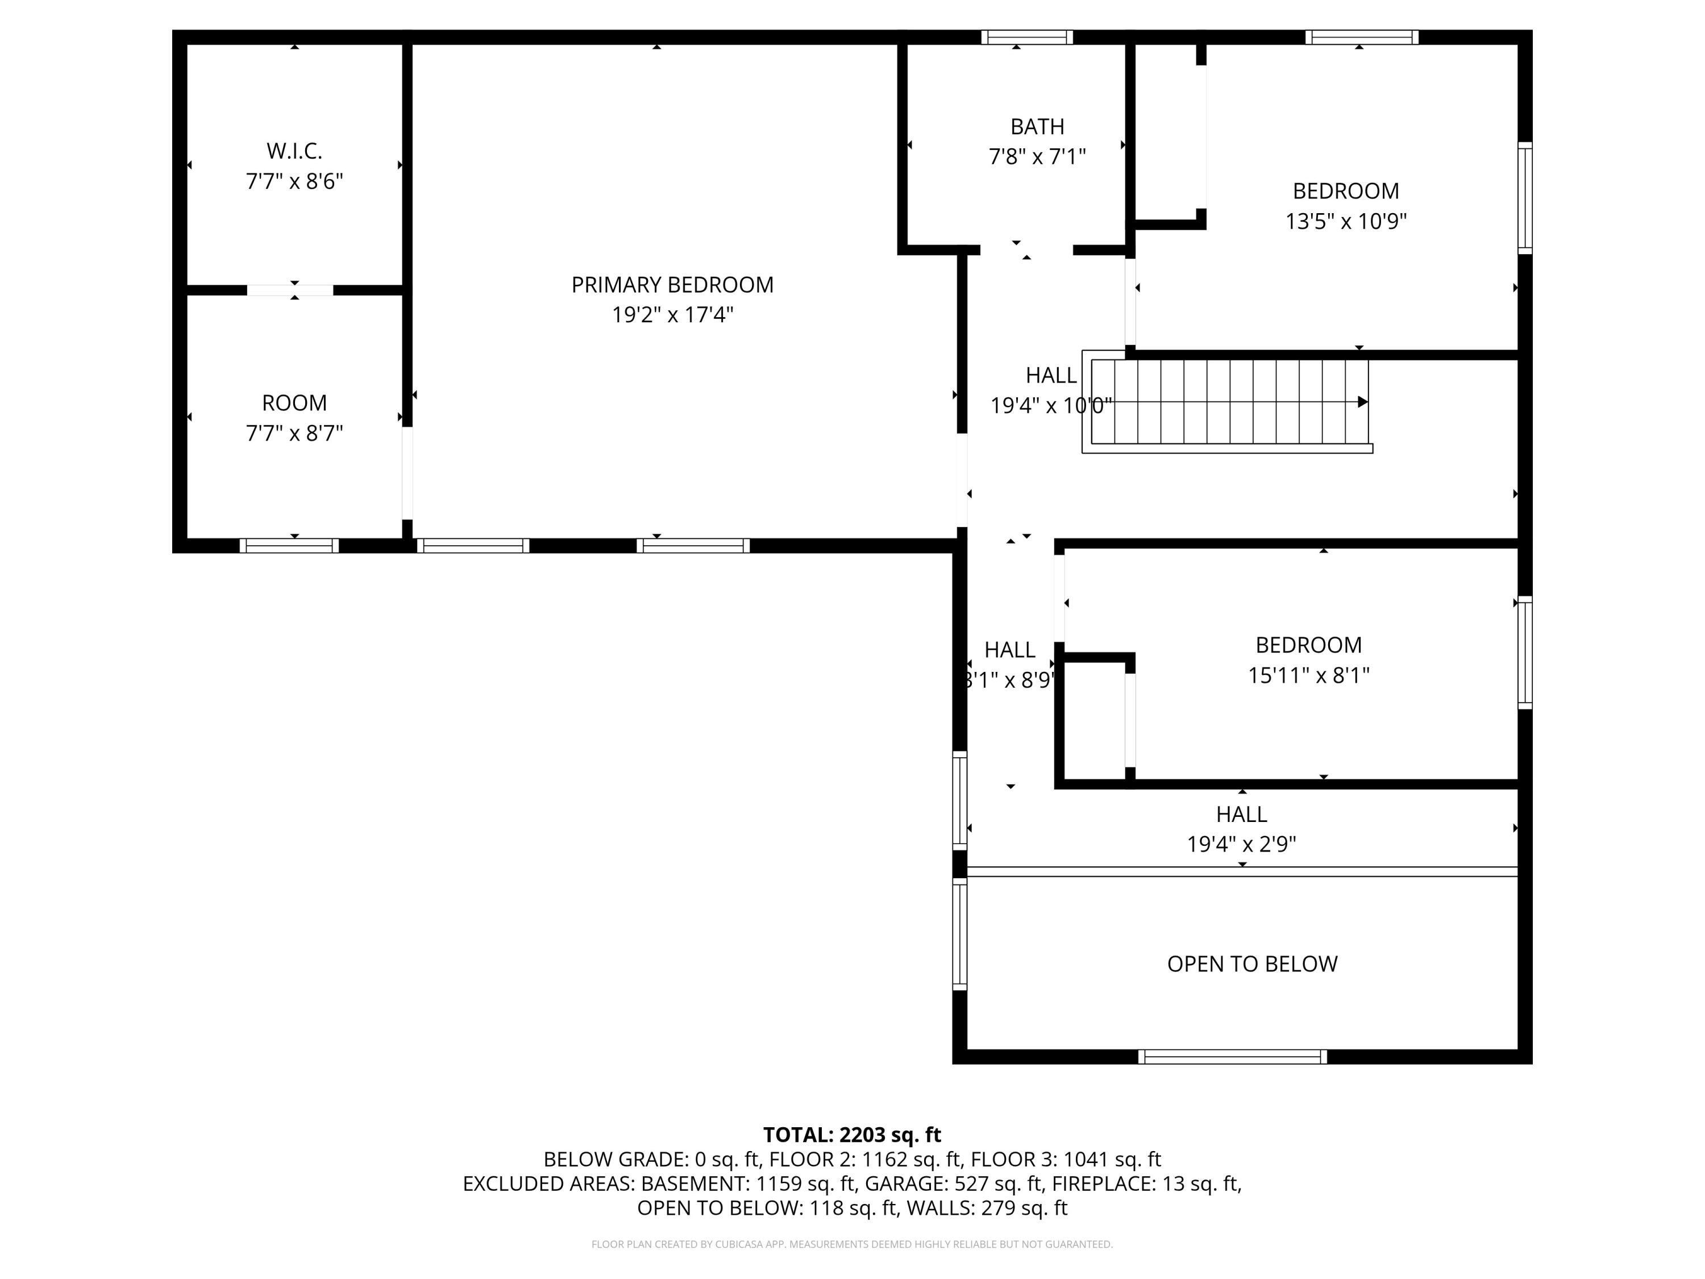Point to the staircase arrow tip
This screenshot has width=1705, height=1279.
(x=1362, y=402)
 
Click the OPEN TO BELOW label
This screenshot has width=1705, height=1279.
(x=1252, y=964)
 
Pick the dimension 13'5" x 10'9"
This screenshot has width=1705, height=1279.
(x=1345, y=221)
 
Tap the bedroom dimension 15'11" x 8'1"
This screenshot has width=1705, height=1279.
(x=1308, y=675)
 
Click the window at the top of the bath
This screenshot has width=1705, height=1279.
(x=1027, y=37)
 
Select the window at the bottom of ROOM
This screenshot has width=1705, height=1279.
(x=289, y=546)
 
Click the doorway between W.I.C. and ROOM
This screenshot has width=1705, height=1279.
(x=290, y=290)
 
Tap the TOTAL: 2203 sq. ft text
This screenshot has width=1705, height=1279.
(x=852, y=1135)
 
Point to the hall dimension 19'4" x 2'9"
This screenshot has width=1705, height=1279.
(x=1241, y=844)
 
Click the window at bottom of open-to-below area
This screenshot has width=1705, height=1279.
(x=1232, y=1057)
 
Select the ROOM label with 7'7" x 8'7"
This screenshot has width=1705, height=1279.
(x=294, y=403)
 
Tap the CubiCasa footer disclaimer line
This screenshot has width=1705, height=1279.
(x=852, y=1244)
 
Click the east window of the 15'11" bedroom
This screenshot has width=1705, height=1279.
(x=1525, y=652)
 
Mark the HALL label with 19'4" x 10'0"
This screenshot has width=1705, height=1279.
(x=1051, y=375)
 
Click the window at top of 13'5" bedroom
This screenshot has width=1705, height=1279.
(x=1361, y=37)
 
